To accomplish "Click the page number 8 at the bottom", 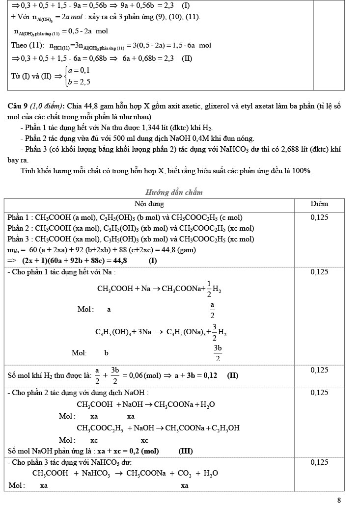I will (x=339, y=500).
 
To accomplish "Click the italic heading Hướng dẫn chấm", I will (x=174, y=192).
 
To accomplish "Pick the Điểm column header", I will (x=319, y=204).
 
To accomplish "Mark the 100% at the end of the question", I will (x=302, y=171).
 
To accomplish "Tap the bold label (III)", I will (x=185, y=451).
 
